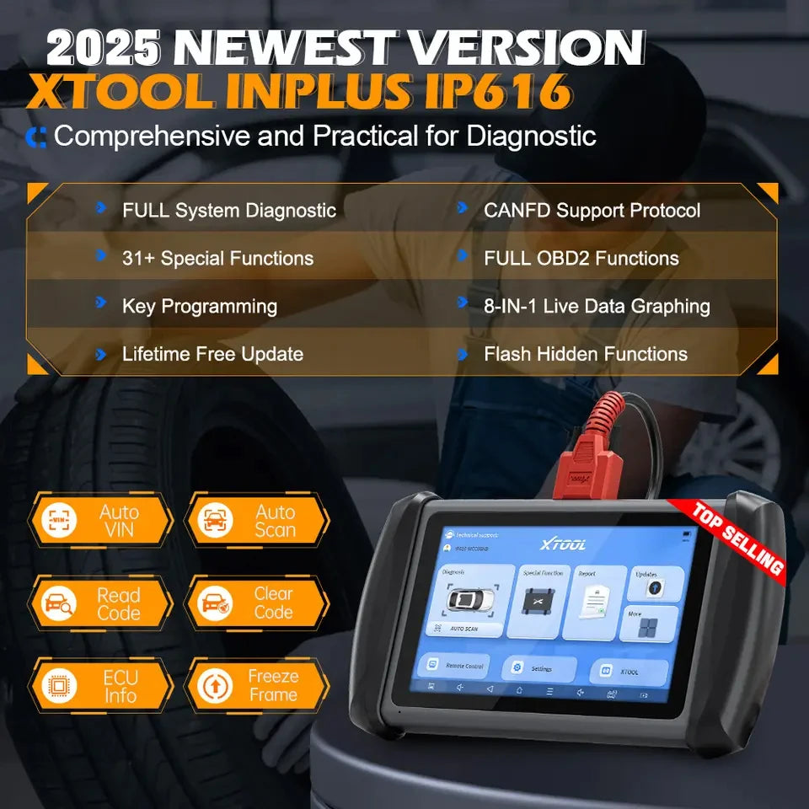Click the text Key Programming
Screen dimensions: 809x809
[x=199, y=306]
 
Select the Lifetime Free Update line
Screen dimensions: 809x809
[x=212, y=354]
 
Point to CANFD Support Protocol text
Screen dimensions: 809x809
[x=592, y=210]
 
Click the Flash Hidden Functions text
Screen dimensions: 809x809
[x=585, y=354]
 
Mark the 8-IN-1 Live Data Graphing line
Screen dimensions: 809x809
[x=597, y=306]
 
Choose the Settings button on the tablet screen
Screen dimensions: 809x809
[x=539, y=669]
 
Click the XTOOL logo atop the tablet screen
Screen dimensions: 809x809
[x=563, y=544]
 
